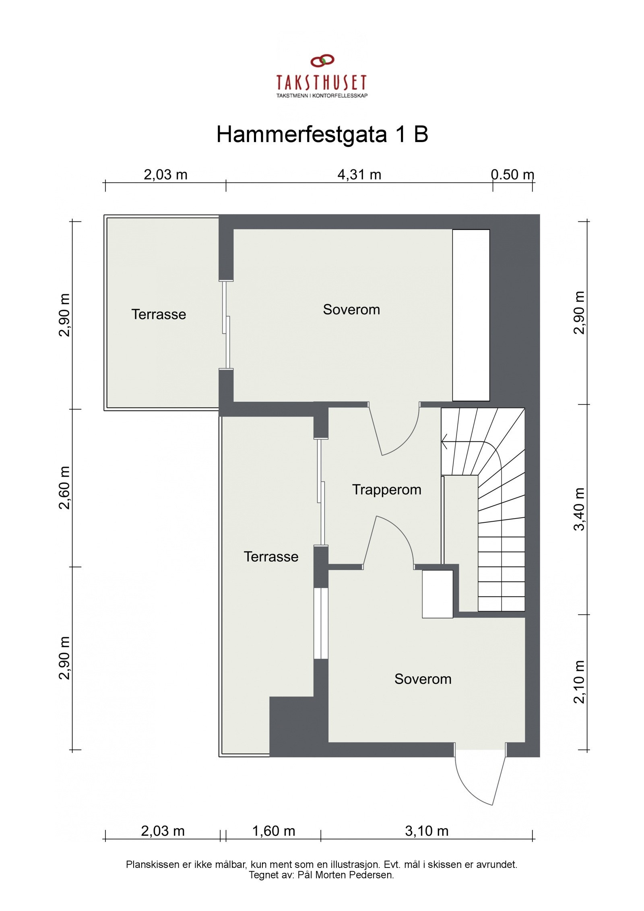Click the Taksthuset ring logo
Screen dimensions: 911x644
click(x=322, y=61)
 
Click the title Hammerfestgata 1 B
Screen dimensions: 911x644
click(x=322, y=134)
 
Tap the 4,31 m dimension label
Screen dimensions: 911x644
click(x=359, y=175)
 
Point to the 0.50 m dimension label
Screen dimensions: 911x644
click(x=512, y=175)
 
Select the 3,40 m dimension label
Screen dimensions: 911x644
click(x=579, y=509)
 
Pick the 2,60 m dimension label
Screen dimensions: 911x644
click(x=64, y=488)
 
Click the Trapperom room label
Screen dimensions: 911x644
click(x=386, y=490)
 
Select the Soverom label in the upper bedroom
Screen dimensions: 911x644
click(x=351, y=310)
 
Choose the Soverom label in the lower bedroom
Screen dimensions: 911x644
click(x=423, y=679)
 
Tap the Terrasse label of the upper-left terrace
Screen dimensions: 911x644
click(x=159, y=314)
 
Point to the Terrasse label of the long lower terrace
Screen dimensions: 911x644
click(x=271, y=557)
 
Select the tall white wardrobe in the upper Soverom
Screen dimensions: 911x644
click(x=471, y=315)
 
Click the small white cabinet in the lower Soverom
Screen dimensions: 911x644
click(x=437, y=594)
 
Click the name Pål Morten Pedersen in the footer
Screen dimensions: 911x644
click(x=345, y=875)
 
